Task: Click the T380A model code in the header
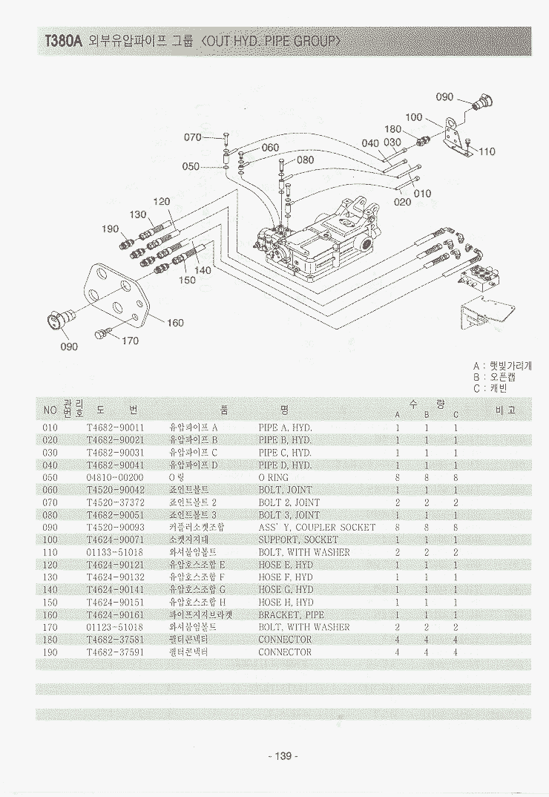[62, 42]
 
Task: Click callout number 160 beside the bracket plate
[175, 323]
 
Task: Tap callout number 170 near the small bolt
[130, 341]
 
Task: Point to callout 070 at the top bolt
[192, 137]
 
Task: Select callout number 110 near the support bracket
[487, 151]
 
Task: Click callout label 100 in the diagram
[414, 117]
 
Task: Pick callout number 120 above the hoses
[162, 201]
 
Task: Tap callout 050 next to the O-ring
[191, 166]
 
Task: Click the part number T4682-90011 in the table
[115, 427]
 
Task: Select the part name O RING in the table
[273, 477]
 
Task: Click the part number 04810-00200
[115, 477]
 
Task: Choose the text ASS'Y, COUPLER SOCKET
[317, 527]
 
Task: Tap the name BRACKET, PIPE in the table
[291, 614]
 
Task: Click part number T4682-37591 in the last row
[115, 652]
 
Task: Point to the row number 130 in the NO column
[50, 577]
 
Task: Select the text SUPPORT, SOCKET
[297, 539]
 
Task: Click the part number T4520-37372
[115, 502]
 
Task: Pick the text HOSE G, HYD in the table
[286, 589]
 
